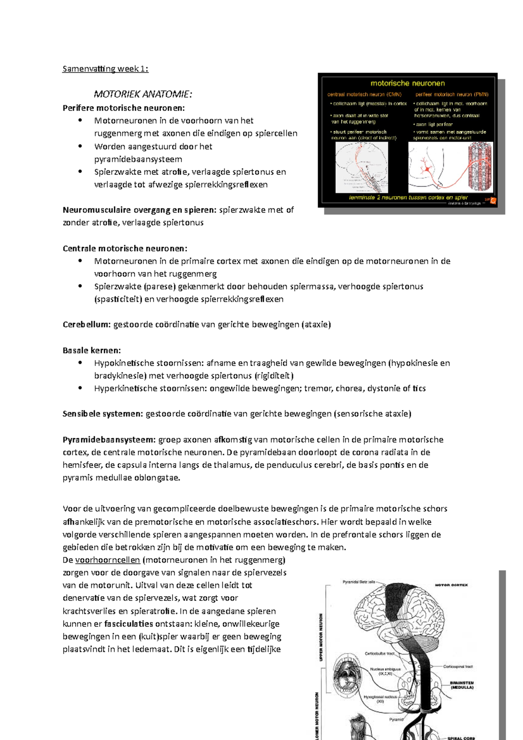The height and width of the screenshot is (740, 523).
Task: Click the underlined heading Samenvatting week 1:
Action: coord(105,69)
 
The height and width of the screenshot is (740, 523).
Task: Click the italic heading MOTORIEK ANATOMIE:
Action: coord(143,94)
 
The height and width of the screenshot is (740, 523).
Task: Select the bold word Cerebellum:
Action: coord(86,325)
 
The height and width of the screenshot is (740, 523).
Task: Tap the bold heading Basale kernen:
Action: coord(92,350)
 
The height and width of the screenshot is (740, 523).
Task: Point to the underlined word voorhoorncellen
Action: coord(108,560)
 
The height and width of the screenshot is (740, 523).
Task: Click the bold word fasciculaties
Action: coord(129,624)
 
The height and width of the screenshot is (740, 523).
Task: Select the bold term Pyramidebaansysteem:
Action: coord(109,440)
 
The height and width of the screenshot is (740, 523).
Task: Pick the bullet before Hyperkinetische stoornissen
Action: coord(80,388)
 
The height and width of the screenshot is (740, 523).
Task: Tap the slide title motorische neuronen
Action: coord(408,83)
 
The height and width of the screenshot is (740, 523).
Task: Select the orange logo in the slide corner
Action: coord(493,201)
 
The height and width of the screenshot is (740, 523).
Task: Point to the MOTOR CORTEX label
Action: coord(451,585)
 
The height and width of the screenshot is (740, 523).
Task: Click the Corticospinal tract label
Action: coord(458,667)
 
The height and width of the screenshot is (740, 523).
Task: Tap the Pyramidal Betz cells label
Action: coord(359,582)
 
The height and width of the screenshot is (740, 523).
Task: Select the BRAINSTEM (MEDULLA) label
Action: coord(462,685)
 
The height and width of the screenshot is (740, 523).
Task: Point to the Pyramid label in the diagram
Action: coord(396,720)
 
